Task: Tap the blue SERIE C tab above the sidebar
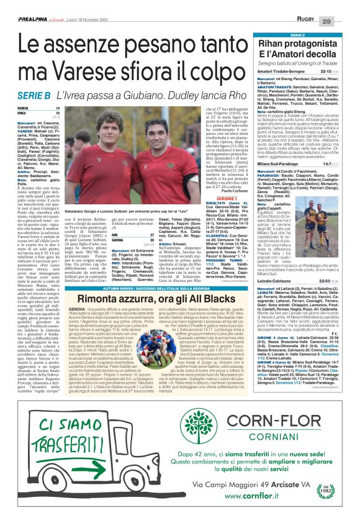pyautogui.click(x=297, y=36)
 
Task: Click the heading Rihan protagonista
pyautogui.click(x=298, y=47)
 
